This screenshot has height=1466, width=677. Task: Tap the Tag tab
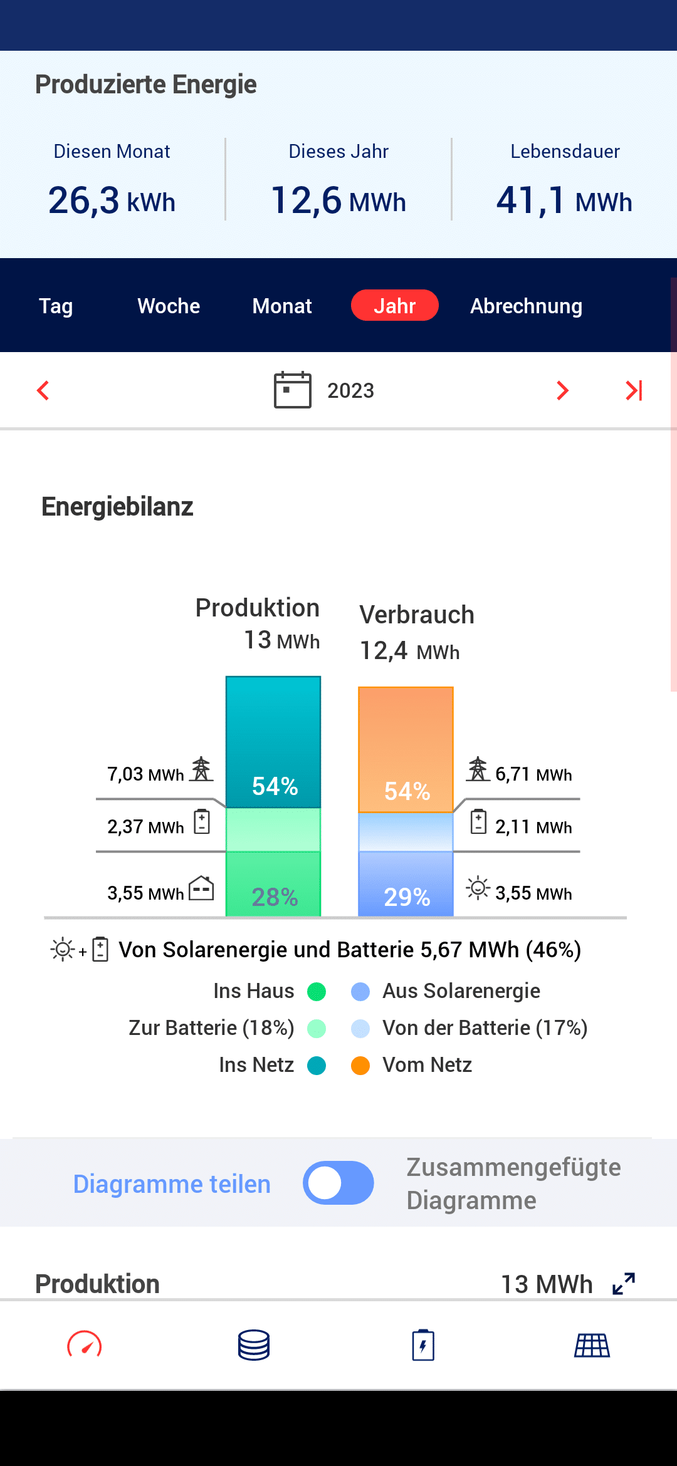tap(56, 306)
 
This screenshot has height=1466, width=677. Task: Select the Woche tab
tap(169, 306)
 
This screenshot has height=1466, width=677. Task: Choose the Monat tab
tap(282, 306)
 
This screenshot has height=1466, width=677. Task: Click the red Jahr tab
tap(394, 306)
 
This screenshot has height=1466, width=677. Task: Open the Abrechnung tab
tap(526, 306)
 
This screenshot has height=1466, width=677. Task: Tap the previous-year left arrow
tap(43, 390)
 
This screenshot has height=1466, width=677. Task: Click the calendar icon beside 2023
tap(292, 390)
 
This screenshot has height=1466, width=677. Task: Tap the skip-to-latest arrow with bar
tap(634, 390)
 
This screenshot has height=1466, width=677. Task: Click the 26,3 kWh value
tap(112, 200)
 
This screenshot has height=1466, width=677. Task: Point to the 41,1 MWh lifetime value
tap(564, 200)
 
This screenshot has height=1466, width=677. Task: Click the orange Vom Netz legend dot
tap(360, 1065)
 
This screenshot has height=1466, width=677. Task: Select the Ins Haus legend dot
tap(317, 991)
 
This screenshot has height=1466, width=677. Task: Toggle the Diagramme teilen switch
tap(338, 1183)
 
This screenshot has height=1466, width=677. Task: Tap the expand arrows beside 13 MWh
tap(624, 1284)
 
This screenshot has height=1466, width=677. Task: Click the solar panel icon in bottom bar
tap(592, 1345)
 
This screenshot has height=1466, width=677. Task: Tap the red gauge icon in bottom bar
tap(85, 1345)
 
